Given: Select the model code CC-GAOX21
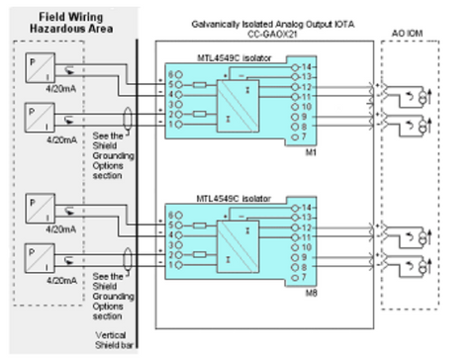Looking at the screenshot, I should pos(261,32).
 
